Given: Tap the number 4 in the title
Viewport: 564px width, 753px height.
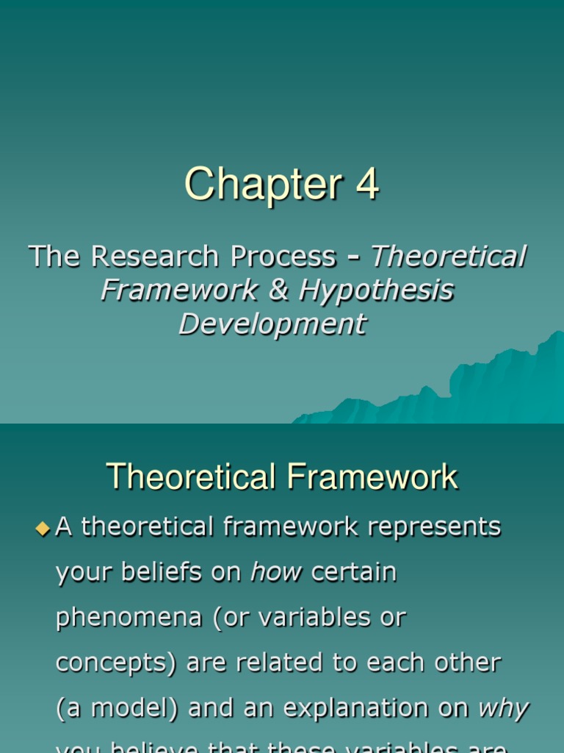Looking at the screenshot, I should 367,185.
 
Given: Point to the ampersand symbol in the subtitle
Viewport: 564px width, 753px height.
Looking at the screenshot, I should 278,290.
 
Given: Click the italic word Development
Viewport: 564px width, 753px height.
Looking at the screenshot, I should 272,324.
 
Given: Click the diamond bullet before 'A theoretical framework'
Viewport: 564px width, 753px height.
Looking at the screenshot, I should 42,527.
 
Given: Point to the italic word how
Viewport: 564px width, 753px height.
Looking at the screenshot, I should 276,571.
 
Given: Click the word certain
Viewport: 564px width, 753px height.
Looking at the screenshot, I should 354,571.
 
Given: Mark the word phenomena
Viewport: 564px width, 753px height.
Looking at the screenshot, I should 120,618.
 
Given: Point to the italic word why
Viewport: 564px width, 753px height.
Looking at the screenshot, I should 503,709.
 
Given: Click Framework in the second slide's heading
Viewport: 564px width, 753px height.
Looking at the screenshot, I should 372,477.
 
